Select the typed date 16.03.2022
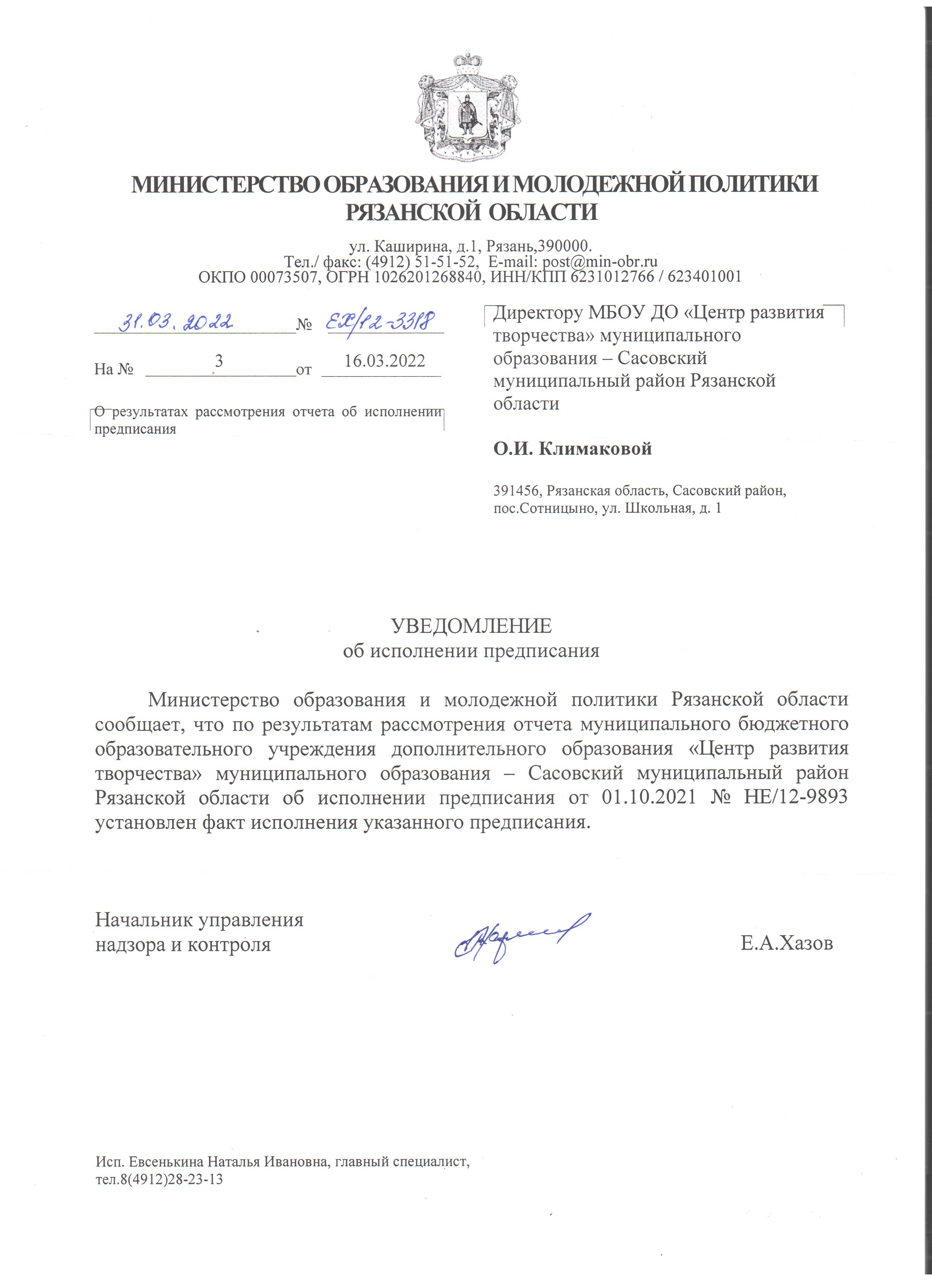click(x=384, y=361)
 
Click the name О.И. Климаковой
click(x=572, y=449)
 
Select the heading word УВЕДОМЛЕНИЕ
click(x=471, y=626)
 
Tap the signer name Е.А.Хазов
click(x=787, y=943)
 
